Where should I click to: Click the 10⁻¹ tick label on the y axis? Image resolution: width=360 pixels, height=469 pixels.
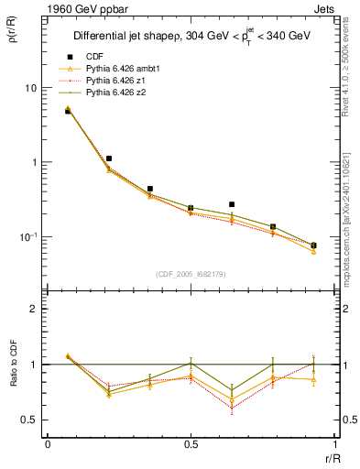[30, 237]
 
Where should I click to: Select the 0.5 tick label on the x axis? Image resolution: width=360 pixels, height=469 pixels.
[191, 443]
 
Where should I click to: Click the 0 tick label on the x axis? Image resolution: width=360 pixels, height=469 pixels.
[47, 443]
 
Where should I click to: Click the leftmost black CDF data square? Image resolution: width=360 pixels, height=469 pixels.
[68, 111]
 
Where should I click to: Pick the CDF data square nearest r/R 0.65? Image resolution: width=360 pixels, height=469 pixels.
[232, 204]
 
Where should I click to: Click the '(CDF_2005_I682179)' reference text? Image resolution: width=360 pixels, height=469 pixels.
[191, 274]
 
